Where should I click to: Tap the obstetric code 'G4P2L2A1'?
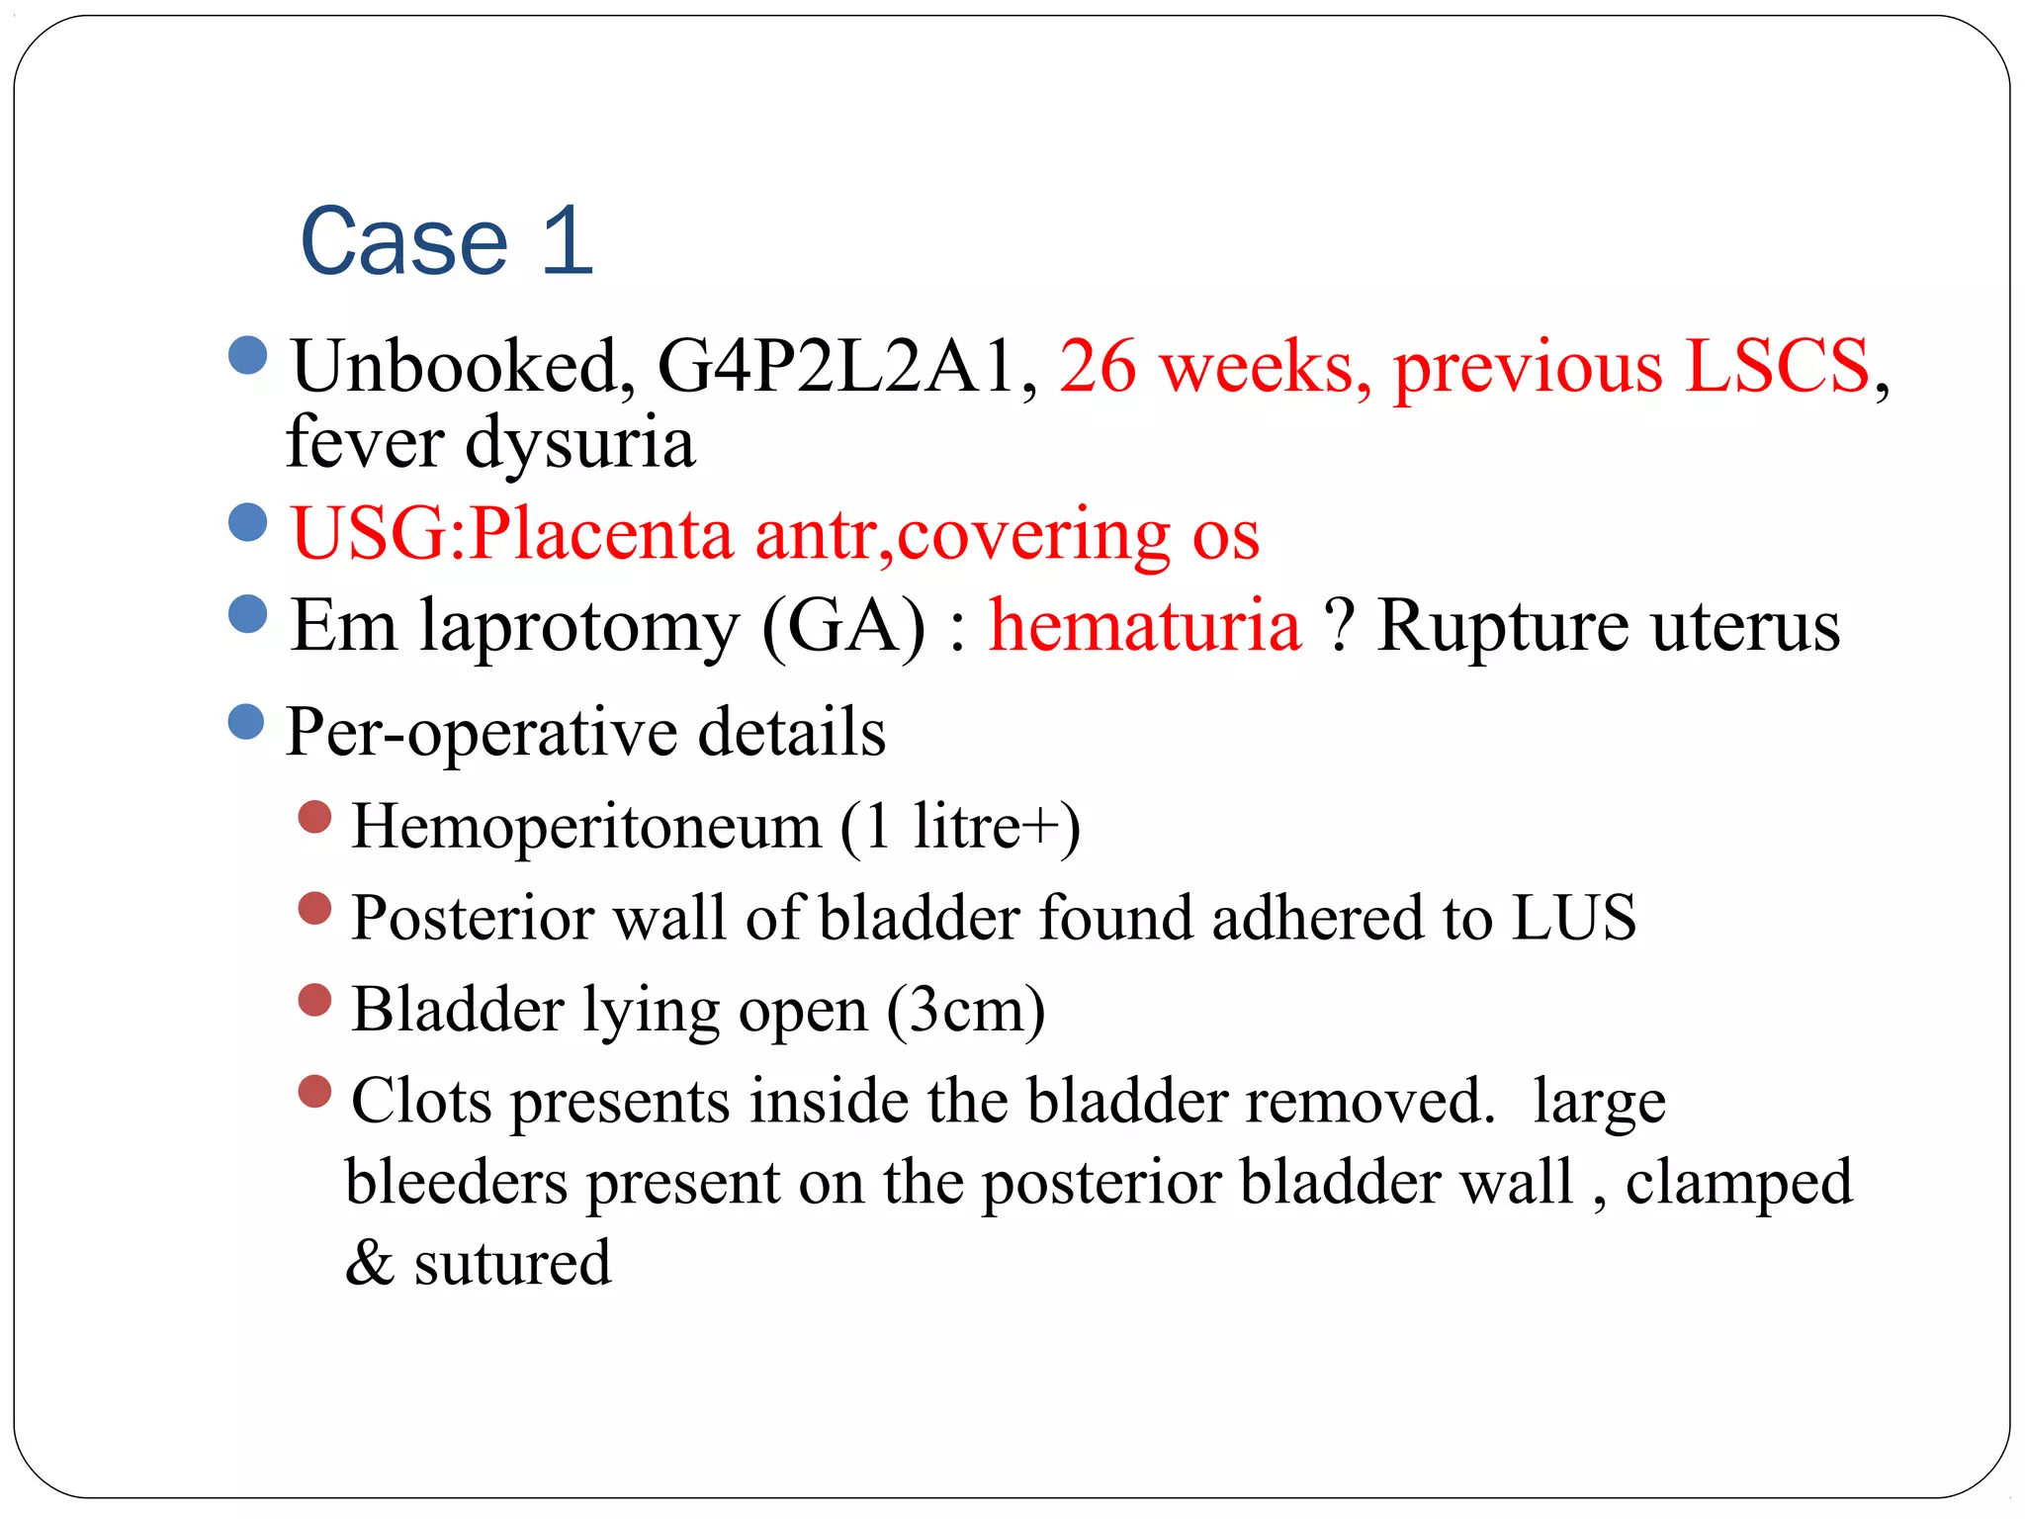click(x=836, y=367)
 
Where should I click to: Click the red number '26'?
click(x=1098, y=367)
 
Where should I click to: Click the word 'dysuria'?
click(x=579, y=442)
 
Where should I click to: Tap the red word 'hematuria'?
click(x=1145, y=627)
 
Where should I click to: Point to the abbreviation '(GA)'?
click(x=844, y=627)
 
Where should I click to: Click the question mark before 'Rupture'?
click(x=1339, y=627)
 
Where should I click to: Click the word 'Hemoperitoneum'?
click(x=586, y=827)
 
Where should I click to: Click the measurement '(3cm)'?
click(x=966, y=1010)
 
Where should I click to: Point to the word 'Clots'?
click(x=421, y=1101)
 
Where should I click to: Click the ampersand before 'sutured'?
click(x=369, y=1264)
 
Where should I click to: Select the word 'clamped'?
click(x=1738, y=1184)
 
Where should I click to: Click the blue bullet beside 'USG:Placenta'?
click(x=247, y=522)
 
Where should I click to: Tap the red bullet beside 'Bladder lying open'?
click(x=314, y=1000)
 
